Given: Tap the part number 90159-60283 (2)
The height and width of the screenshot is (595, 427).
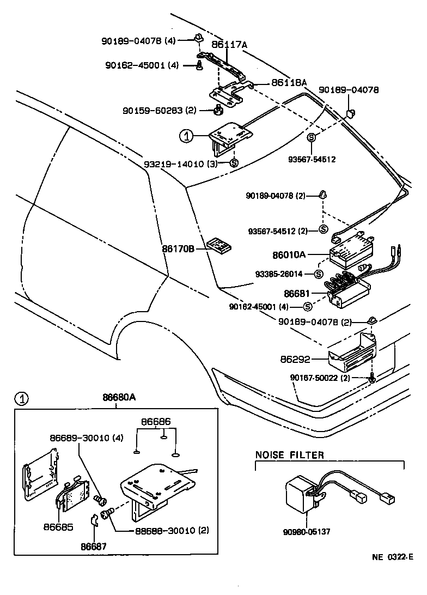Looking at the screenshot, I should point(159,111).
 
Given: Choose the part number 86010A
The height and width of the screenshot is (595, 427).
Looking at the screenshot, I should point(289,254).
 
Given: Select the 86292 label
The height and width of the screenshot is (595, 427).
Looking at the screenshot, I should point(296,360).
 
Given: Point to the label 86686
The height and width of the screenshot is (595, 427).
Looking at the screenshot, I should point(156,421).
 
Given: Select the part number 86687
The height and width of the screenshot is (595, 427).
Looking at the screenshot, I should point(94,547).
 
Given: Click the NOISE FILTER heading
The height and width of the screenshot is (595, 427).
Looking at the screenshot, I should point(289,455).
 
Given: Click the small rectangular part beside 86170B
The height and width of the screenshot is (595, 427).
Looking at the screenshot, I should point(220,245).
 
